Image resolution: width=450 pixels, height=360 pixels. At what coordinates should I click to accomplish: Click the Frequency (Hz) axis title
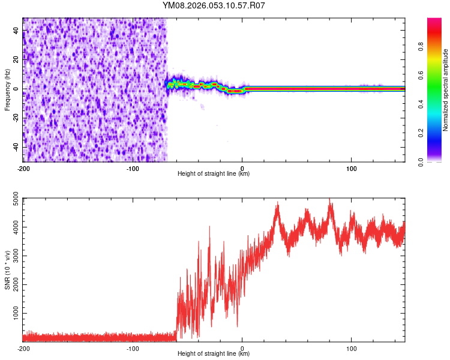pyautogui.click(x=7, y=89)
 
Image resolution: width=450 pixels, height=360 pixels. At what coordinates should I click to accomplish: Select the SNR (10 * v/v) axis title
pyautogui.click(x=7, y=269)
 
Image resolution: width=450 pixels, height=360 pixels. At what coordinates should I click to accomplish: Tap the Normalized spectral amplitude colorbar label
pyautogui.click(x=446, y=90)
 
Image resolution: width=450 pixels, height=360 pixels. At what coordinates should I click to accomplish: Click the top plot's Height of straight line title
pyautogui.click(x=214, y=173)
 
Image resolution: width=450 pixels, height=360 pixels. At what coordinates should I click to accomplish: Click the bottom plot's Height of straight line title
pyautogui.click(x=214, y=353)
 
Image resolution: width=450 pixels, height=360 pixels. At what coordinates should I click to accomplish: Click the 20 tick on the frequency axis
pyautogui.click(x=17, y=59)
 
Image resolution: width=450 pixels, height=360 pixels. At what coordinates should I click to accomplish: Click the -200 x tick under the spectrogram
pyautogui.click(x=23, y=168)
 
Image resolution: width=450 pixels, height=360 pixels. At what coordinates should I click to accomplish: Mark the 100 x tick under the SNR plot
pyautogui.click(x=351, y=348)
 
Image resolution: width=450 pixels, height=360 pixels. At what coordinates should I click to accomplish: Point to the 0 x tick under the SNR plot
pyautogui.click(x=242, y=348)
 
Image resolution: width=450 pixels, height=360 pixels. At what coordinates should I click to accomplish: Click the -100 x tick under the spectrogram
pyautogui.click(x=133, y=168)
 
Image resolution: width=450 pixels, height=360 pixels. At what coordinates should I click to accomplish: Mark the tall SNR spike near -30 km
pyautogui.click(x=209, y=227)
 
